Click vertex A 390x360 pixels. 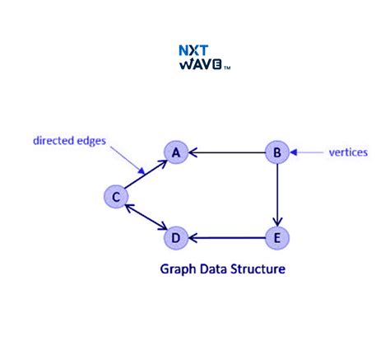(x=175, y=152)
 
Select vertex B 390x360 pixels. (x=277, y=152)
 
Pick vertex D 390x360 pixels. (x=174, y=239)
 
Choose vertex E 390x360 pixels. (x=277, y=239)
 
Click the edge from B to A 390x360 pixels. (x=226, y=152)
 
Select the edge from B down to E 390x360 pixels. (x=277, y=195)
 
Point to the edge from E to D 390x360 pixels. (x=226, y=239)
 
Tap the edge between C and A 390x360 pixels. (x=146, y=174)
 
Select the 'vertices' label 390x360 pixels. (x=347, y=152)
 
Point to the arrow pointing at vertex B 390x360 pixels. (x=309, y=152)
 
